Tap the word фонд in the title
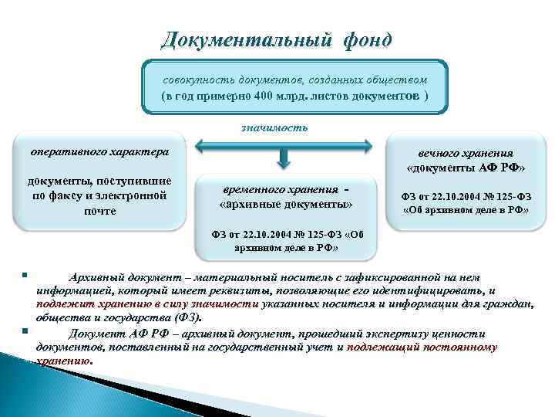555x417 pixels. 363,39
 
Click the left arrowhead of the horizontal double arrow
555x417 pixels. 199,144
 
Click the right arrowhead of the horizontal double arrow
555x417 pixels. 372,144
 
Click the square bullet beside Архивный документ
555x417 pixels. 25,274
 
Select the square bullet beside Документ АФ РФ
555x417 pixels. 25,331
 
